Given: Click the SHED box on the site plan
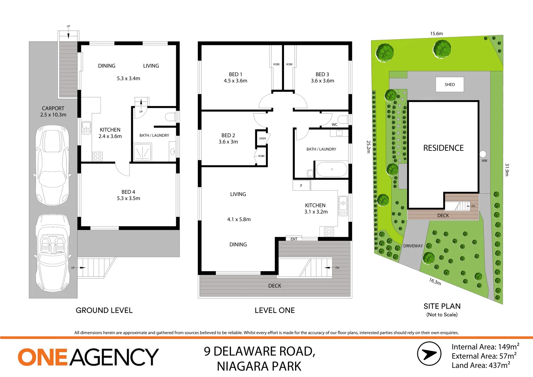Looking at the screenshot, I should [x=450, y=84].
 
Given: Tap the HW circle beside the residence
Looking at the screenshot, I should [x=483, y=154].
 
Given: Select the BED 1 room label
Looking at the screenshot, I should [x=235, y=74].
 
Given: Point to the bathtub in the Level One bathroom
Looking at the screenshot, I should [x=331, y=170].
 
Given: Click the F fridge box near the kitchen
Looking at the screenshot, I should [x=301, y=185].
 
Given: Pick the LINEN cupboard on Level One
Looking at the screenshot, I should [x=262, y=138].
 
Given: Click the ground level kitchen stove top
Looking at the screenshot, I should [x=98, y=156].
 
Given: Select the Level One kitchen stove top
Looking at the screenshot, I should [x=329, y=231].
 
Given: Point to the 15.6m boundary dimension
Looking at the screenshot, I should [x=436, y=34].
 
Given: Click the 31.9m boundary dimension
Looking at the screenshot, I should [x=507, y=170].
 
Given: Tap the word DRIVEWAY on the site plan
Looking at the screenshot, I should [x=413, y=246].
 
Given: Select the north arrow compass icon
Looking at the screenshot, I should [x=429, y=354].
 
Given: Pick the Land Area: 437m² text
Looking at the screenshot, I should [x=481, y=365].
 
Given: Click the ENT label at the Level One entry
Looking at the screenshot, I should [x=294, y=239].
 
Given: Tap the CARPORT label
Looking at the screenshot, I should [x=53, y=108].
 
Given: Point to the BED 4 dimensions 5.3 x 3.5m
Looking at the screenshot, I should [x=128, y=198].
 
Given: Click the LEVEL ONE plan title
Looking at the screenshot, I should [x=275, y=310].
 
